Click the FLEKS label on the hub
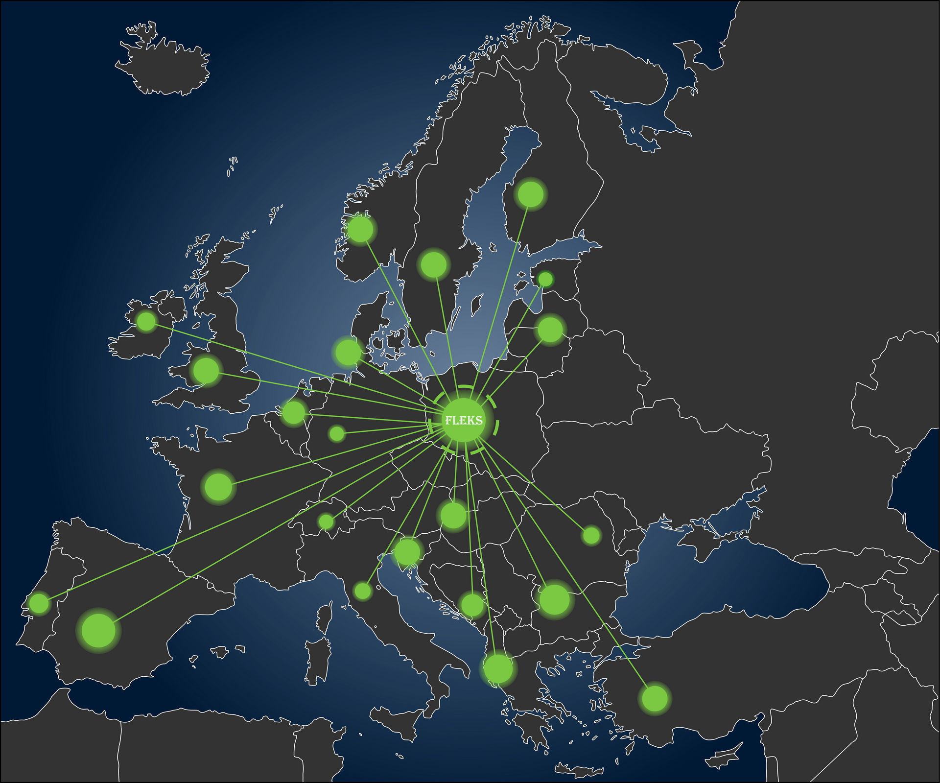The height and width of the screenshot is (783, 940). (463, 421)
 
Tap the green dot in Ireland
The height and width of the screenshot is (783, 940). (146, 321)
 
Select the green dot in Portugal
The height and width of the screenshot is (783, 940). (39, 603)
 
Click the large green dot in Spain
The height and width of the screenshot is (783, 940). (98, 631)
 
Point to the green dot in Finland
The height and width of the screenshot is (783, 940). (530, 194)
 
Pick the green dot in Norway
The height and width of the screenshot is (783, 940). (360, 229)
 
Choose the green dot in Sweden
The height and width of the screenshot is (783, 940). (434, 264)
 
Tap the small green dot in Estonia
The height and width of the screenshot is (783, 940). (545, 279)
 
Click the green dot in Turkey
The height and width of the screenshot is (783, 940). (655, 698)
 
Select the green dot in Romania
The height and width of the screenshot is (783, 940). (591, 536)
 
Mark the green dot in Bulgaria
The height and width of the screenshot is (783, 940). (554, 599)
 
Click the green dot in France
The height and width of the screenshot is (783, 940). (218, 487)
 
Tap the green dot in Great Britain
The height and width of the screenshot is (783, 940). (206, 370)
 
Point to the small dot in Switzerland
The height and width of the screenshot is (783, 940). (326, 522)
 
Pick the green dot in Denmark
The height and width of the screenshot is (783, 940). (348, 352)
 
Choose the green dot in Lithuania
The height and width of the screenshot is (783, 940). (550, 330)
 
